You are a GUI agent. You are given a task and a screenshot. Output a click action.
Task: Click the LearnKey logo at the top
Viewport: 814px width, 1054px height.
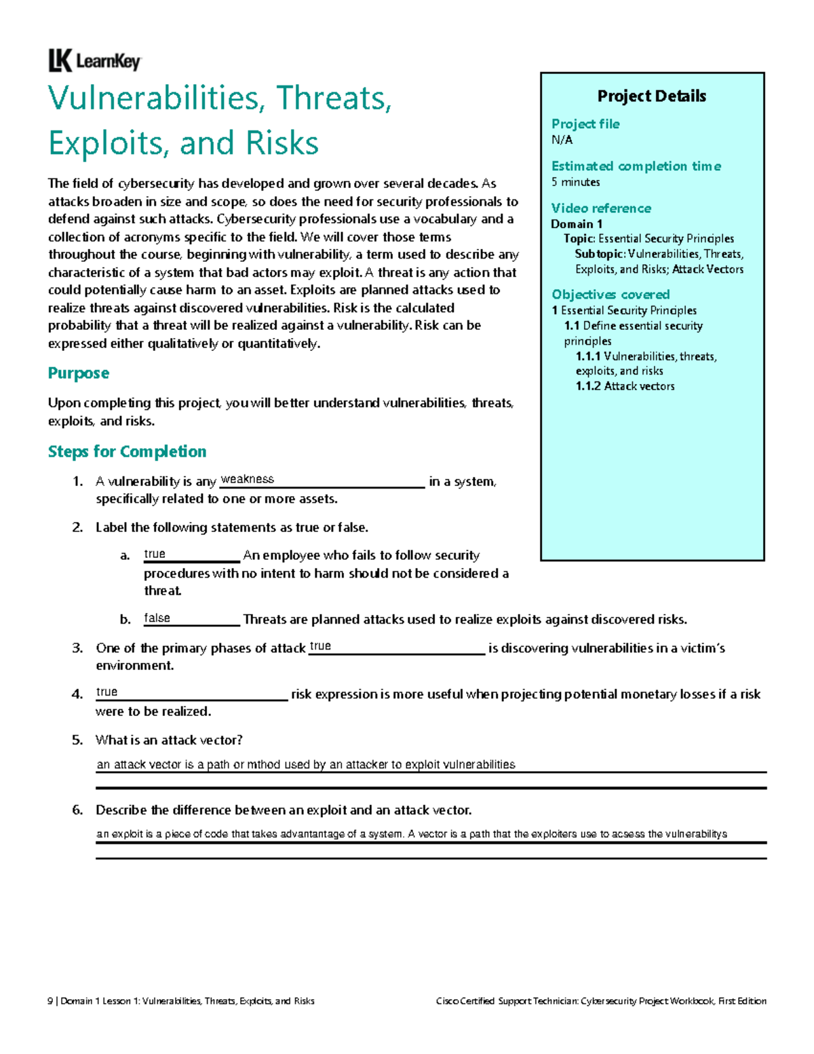tap(94, 61)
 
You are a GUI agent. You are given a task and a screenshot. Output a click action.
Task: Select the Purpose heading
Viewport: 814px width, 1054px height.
tap(78, 373)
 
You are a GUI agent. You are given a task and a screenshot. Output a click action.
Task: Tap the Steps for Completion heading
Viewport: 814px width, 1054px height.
tap(127, 452)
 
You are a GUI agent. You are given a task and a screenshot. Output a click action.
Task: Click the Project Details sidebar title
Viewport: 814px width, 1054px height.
tap(651, 96)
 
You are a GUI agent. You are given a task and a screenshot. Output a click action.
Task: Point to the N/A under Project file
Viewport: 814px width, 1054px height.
tap(562, 140)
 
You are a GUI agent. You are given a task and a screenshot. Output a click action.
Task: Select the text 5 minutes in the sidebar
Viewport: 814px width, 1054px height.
tap(575, 182)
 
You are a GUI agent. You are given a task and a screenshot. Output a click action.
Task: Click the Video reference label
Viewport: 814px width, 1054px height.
tap(601, 208)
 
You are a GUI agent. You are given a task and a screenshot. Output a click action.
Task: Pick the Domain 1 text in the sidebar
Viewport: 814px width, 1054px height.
tap(576, 224)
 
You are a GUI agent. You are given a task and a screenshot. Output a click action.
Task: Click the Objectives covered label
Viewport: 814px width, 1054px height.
tap(610, 295)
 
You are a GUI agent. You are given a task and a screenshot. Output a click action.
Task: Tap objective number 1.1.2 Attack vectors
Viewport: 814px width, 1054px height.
tap(625, 386)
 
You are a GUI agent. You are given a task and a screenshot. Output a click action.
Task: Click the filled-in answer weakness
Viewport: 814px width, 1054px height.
tap(248, 479)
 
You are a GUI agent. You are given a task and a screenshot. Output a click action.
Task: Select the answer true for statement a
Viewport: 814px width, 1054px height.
tap(155, 554)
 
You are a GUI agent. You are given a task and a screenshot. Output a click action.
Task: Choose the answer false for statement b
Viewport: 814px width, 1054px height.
tap(157, 618)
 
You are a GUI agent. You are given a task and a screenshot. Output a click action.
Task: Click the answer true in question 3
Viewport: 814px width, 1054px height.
tap(320, 646)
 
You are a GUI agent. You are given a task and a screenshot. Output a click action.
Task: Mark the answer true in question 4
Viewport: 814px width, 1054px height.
tap(106, 692)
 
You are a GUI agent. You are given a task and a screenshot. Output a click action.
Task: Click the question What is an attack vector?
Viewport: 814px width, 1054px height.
tap(169, 740)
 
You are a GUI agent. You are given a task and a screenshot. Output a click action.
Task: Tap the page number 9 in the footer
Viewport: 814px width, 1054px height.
tap(50, 1001)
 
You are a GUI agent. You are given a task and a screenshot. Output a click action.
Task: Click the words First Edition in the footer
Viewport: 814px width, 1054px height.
tap(742, 1001)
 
